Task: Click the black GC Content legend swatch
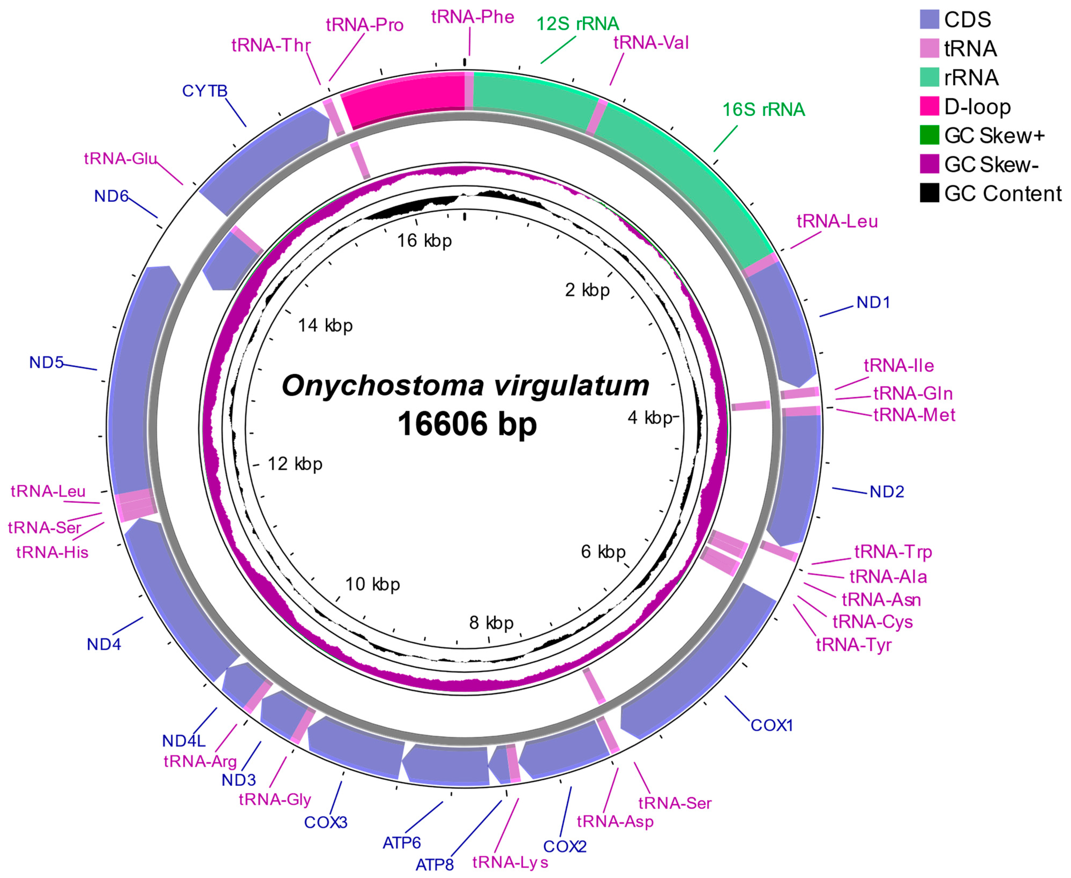tap(929, 193)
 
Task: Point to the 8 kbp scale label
tap(491, 623)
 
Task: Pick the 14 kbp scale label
tap(325, 325)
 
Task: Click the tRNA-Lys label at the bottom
tap(510, 862)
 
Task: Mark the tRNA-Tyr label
tap(853, 645)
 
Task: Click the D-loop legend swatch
tap(929, 106)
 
